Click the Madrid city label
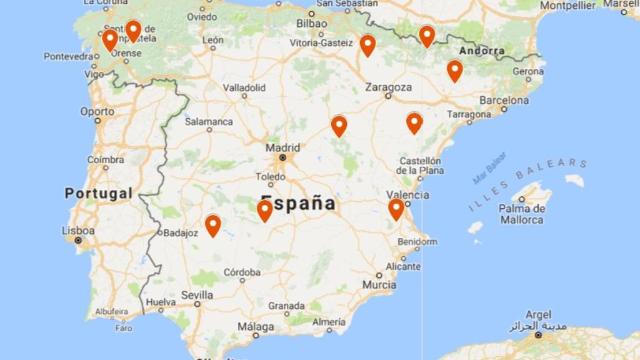282,148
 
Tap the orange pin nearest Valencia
396,209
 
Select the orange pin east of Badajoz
213,225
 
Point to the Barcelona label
504,100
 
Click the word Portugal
99,193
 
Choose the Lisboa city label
78,231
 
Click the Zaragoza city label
388,87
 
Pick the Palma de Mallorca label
522,214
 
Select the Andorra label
481,51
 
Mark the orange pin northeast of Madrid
339,126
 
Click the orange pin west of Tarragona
414,122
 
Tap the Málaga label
255,327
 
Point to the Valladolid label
244,87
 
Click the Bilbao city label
311,23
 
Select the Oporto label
97,111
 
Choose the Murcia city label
379,284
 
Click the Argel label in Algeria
538,314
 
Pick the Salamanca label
208,121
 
